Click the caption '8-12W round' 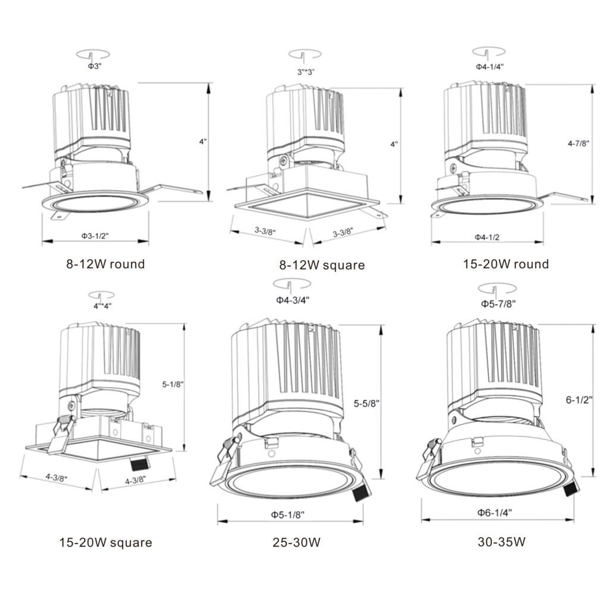(105, 263)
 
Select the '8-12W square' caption (322, 265)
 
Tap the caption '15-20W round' (506, 263)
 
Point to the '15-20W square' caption (105, 542)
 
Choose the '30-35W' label (501, 542)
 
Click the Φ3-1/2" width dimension (95, 236)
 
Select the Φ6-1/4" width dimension (494, 512)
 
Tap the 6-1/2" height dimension (579, 400)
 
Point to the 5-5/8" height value (366, 403)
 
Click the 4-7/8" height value (579, 143)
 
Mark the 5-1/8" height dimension (172, 384)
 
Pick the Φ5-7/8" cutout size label (498, 303)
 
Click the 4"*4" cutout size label (102, 306)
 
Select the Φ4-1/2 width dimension (486, 237)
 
